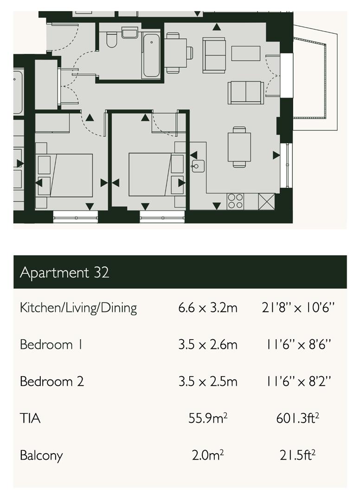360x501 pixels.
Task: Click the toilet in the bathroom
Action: [x=111, y=41]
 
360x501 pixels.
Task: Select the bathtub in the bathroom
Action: [x=151, y=55]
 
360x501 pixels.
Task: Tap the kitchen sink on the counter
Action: [x=198, y=166]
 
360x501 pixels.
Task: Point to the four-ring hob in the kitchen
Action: [x=235, y=201]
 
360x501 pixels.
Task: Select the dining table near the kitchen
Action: [x=239, y=147]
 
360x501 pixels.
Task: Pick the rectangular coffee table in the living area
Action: [x=246, y=53]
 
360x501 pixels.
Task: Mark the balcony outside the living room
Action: [x=312, y=79]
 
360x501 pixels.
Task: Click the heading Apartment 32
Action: [x=64, y=272]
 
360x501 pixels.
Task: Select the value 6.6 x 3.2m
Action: [x=208, y=308]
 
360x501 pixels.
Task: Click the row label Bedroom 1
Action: [x=46, y=345]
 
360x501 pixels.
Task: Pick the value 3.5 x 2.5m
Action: [x=208, y=382]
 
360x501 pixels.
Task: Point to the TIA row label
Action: [x=30, y=418]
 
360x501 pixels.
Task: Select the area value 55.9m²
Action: [x=208, y=418]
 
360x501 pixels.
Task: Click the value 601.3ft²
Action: [x=298, y=418]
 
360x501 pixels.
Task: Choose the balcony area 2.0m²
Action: [x=208, y=455]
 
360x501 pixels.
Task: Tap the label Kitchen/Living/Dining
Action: [x=78, y=308]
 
